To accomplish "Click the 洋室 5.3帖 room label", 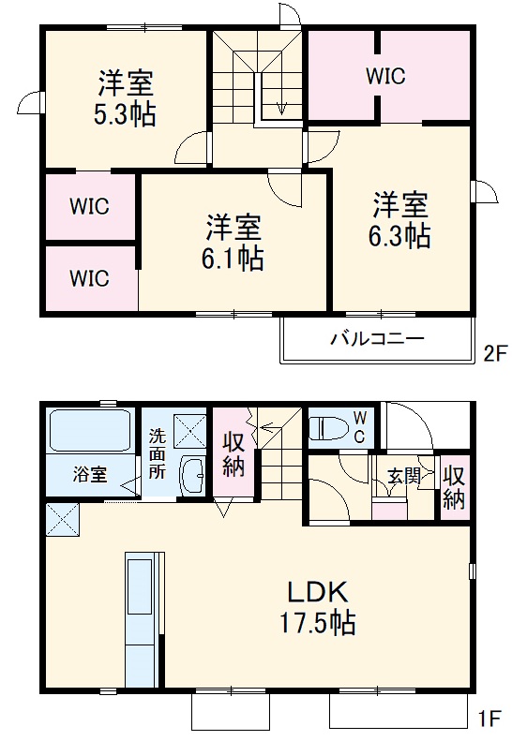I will tap(125, 98).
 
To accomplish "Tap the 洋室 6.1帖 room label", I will tap(233, 242).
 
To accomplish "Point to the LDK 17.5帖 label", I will tap(319, 607).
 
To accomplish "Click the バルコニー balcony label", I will tap(376, 338).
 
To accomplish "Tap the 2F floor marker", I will tap(493, 354).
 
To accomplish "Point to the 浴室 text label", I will tap(90, 474).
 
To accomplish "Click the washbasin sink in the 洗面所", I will tap(193, 475).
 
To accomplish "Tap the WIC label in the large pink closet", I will tap(386, 76).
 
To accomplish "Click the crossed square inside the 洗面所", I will tap(189, 430).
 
